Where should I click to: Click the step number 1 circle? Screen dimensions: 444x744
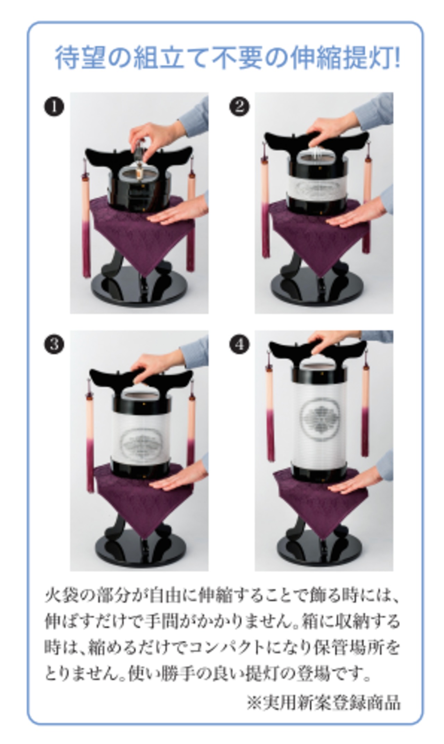click(x=54, y=107)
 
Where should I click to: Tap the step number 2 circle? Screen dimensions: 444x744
click(x=239, y=106)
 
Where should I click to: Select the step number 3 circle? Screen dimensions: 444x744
click(x=54, y=345)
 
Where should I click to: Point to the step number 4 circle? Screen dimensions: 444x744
click(x=239, y=344)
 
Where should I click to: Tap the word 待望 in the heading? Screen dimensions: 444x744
click(x=80, y=57)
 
